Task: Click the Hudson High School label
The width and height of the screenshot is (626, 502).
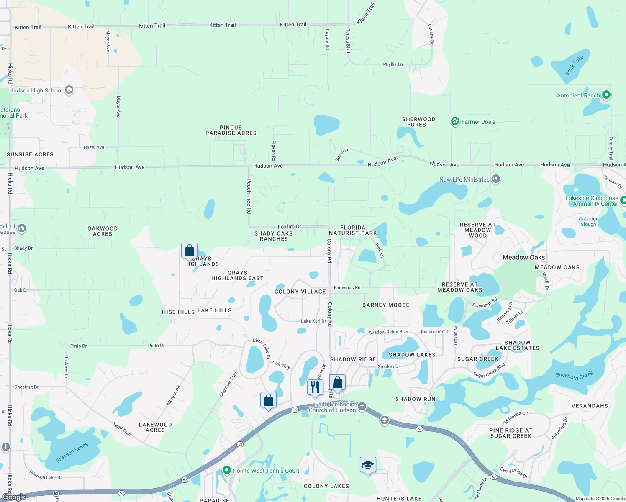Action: pos(36,90)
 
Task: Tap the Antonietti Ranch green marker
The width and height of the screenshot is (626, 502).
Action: pos(606,95)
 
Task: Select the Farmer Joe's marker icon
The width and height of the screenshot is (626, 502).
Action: pos(455,122)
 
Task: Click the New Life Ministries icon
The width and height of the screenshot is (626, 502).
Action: pos(496,179)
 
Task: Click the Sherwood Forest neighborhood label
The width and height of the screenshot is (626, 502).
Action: pos(418,122)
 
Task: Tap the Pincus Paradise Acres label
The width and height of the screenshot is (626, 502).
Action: pos(231,131)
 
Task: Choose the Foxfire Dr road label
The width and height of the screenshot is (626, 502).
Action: pos(290,227)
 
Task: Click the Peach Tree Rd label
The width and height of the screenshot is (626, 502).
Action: pos(249,196)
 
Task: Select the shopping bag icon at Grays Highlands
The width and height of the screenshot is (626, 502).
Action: pos(189,251)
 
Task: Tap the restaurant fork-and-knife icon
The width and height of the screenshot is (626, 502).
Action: pos(315,387)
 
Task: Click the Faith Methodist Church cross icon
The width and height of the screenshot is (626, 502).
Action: pos(362,406)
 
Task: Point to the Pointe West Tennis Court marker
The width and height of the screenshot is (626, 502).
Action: pos(226,470)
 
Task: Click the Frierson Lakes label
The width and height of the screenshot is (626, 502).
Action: pos(72,453)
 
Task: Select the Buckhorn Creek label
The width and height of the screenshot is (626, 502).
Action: pos(574,375)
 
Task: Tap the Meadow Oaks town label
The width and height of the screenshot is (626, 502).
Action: pos(523,258)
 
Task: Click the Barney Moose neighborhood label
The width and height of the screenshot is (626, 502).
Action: pos(386,305)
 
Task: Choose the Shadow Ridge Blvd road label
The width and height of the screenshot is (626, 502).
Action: pos(388,332)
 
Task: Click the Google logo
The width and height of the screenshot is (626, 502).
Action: pos(14,497)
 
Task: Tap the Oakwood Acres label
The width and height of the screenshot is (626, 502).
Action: pos(103,231)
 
